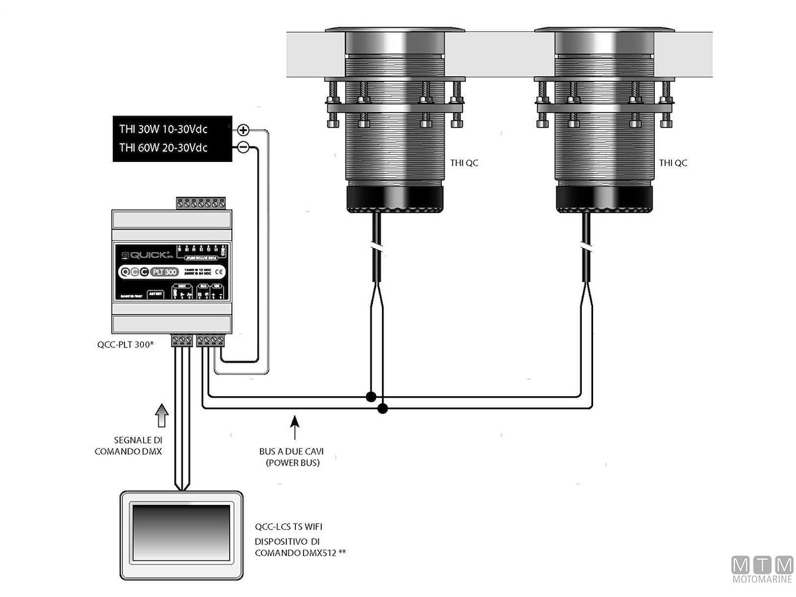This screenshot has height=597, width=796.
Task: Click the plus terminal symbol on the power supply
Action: pyautogui.click(x=243, y=130)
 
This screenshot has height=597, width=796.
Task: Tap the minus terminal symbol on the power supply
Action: pyautogui.click(x=243, y=147)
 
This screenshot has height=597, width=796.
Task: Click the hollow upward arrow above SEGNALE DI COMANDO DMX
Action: pyautogui.click(x=159, y=416)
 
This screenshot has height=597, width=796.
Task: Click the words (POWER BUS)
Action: pyautogui.click(x=293, y=463)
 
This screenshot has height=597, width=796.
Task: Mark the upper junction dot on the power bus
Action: pyautogui.click(x=371, y=397)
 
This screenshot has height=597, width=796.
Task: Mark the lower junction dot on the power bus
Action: pyautogui.click(x=383, y=409)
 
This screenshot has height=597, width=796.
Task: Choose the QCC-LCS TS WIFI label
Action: pyautogui.click(x=289, y=527)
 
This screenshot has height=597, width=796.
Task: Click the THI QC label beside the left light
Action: pyautogui.click(x=462, y=163)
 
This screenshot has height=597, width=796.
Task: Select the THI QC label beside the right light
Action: pyautogui.click(x=673, y=163)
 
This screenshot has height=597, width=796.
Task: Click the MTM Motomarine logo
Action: pyautogui.click(x=762, y=570)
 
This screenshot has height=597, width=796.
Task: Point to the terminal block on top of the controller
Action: pyautogui.click(x=201, y=202)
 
